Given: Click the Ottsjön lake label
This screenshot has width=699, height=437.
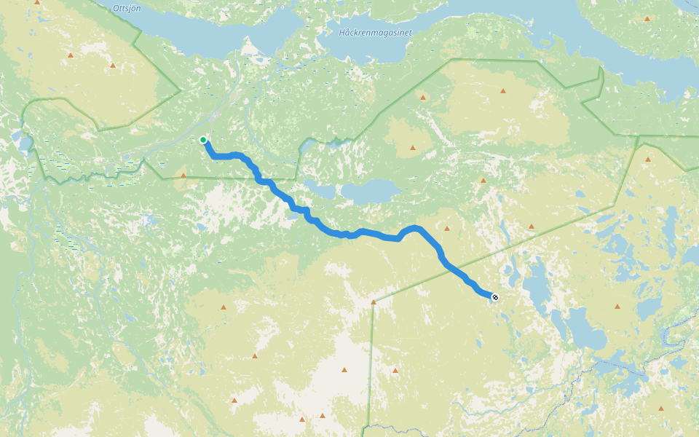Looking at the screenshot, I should (127, 8).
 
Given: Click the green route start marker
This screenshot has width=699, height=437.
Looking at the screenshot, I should (203, 140).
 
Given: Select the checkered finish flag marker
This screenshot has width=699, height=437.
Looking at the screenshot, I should (495, 296).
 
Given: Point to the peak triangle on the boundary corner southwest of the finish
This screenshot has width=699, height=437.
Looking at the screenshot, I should (374, 302).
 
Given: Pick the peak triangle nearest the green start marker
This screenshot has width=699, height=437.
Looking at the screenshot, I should (183, 175).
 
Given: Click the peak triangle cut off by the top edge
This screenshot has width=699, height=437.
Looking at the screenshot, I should (37, 2).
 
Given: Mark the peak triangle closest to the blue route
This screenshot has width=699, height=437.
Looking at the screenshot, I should (447, 228).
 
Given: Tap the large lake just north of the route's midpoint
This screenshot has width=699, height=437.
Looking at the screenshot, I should (371, 192).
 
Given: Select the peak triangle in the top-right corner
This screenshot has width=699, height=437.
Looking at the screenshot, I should (647, 19).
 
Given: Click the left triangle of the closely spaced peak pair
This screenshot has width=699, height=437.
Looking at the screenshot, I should (302, 419).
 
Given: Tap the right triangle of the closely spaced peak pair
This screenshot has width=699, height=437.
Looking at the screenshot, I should (323, 415).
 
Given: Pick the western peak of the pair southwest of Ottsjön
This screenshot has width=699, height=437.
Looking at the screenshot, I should (71, 55).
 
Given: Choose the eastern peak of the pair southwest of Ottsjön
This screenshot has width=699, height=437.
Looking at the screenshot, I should (112, 66).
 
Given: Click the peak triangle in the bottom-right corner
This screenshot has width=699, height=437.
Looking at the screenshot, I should (660, 409).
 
